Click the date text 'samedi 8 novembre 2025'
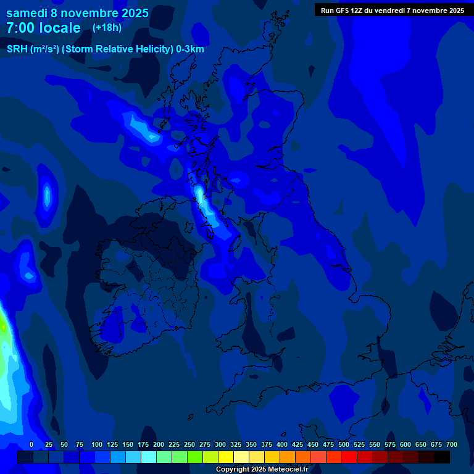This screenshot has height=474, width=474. pos(77,13)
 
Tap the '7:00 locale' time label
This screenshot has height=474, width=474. pos(43,28)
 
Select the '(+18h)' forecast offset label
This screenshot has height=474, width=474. pos(107,27)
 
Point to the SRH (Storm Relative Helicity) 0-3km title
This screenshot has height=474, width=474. pos(106,49)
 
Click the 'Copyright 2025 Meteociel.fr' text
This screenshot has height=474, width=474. pos(261,469)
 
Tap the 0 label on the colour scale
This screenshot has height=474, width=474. pos(31,444)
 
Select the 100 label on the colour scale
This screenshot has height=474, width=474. pos(97,444)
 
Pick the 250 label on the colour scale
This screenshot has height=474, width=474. pos(189,444)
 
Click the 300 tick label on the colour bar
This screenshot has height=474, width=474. pos(220,444)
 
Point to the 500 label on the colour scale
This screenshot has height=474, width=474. pos(344,444)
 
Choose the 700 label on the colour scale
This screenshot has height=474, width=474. pos(451,444)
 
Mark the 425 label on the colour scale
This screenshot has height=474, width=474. pos(297,444)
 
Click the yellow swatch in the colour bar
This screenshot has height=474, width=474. pos(226,457)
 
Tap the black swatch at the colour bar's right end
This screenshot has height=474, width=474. pos(442,457)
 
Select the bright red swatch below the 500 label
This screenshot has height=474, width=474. pos(349,457)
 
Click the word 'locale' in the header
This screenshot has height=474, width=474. pos(60,28)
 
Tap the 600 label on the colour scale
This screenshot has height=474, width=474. pos(405,444)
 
